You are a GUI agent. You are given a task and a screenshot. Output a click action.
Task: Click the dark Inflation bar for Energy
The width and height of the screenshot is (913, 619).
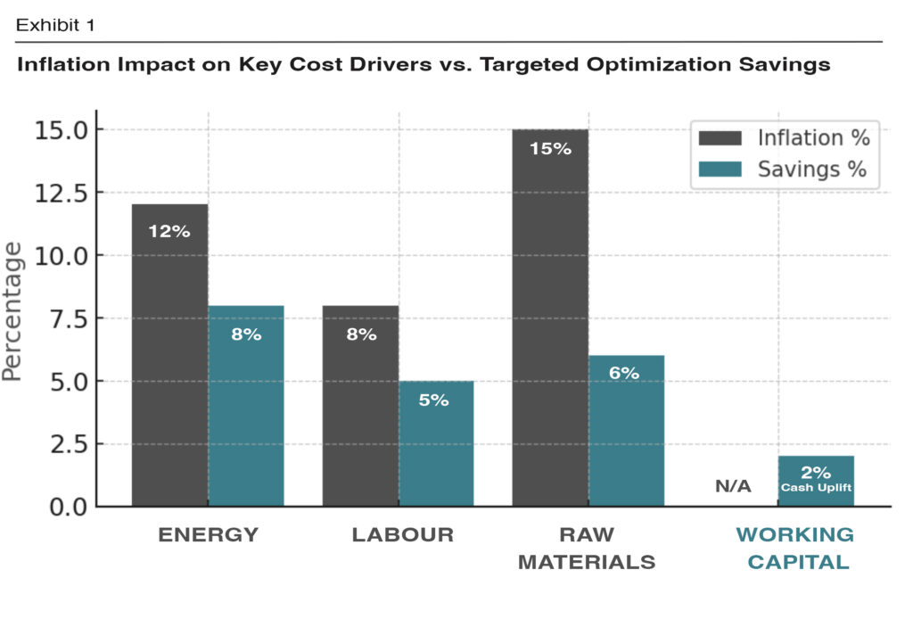click(169, 357)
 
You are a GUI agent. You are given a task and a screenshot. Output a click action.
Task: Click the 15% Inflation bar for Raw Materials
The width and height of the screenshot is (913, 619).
click(550, 321)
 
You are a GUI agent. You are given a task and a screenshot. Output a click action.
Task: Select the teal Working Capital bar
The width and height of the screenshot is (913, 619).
click(816, 482)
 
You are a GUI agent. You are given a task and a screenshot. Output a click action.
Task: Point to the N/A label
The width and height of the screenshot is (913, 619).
click(733, 487)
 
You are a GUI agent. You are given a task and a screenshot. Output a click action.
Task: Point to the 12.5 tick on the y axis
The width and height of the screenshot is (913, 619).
click(62, 194)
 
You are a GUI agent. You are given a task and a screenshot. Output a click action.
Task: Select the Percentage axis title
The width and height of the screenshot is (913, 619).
click(13, 312)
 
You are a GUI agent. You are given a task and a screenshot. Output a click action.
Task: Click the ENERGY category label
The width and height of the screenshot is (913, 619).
click(209, 535)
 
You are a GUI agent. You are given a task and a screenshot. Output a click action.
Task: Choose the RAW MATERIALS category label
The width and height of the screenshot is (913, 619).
click(587, 549)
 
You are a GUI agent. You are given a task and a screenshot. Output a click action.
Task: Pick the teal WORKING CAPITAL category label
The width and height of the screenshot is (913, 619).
click(794, 549)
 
